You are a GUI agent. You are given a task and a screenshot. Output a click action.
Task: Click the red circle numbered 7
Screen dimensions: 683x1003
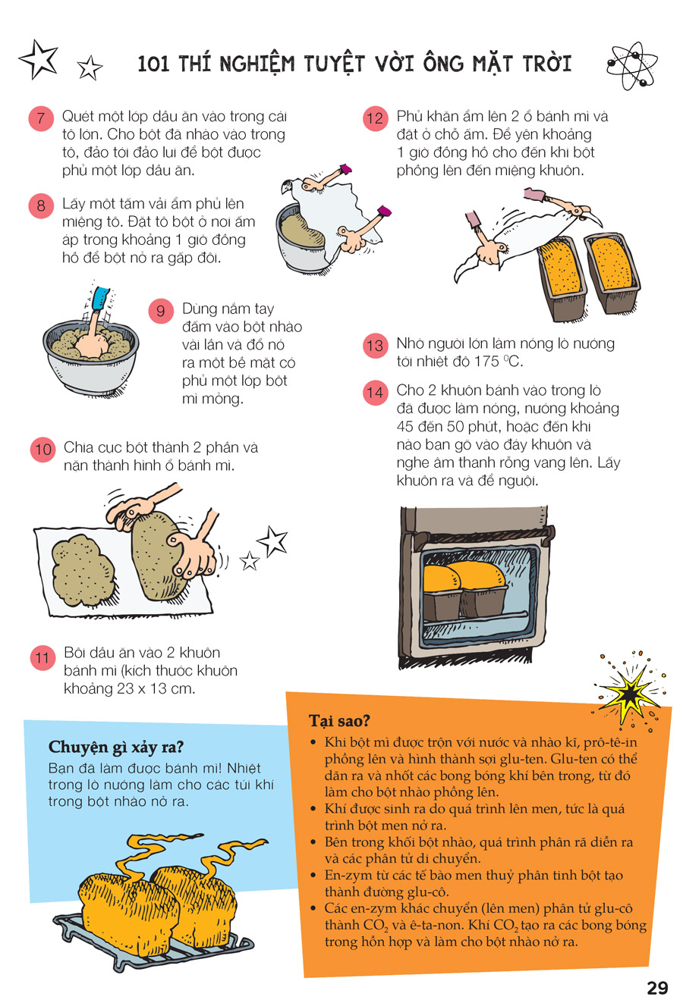tap(41, 119)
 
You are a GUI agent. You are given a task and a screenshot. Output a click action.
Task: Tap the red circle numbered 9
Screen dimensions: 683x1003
tap(161, 311)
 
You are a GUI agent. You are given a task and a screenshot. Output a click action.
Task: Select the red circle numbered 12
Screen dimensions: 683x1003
tap(375, 119)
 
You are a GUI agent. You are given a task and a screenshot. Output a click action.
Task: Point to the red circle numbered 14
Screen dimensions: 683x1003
tap(375, 393)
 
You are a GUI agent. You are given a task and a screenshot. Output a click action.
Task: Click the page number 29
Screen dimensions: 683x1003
tap(657, 987)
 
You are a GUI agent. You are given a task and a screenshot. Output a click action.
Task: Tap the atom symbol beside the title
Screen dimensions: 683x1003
tap(632, 66)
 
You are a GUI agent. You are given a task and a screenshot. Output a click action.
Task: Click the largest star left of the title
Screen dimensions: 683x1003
tap(39, 59)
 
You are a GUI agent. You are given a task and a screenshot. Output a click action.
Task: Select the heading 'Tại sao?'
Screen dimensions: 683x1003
tap(339, 720)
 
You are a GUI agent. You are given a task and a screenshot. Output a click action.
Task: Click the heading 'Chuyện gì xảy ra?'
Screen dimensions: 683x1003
tap(116, 747)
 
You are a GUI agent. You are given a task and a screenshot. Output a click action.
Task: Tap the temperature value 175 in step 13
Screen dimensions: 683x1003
tap(486, 362)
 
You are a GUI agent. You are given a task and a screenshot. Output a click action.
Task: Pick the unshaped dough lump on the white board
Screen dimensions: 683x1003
tap(82, 570)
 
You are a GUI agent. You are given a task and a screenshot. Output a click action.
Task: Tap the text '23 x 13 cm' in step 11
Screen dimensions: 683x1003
tap(156, 688)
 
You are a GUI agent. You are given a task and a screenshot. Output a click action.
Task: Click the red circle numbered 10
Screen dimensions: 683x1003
tap(43, 449)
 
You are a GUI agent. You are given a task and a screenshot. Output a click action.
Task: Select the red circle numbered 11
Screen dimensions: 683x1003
tap(42, 658)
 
